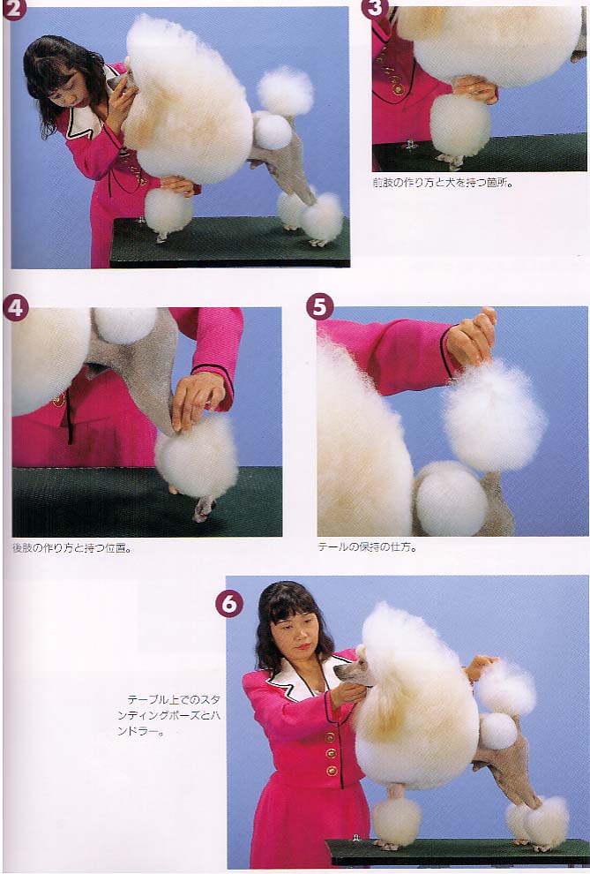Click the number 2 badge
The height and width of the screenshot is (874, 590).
[x=12, y=10]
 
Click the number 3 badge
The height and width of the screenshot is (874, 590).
[x=374, y=8]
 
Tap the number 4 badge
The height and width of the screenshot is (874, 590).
[x=16, y=308]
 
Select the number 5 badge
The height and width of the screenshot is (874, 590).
[x=320, y=307]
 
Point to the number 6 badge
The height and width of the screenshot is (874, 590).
[x=229, y=604]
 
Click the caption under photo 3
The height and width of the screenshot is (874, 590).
[x=443, y=182]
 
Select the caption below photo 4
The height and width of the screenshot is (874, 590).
[x=72, y=548]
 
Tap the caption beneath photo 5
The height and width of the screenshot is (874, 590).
[x=368, y=546]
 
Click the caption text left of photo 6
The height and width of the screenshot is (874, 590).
[x=168, y=715]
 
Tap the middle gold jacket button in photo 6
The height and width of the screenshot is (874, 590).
[x=332, y=754]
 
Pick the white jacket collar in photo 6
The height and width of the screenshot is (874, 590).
[x=301, y=675]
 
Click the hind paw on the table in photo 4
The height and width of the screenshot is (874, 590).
[x=203, y=509]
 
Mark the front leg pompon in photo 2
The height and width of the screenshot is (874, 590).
[x=168, y=211]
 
